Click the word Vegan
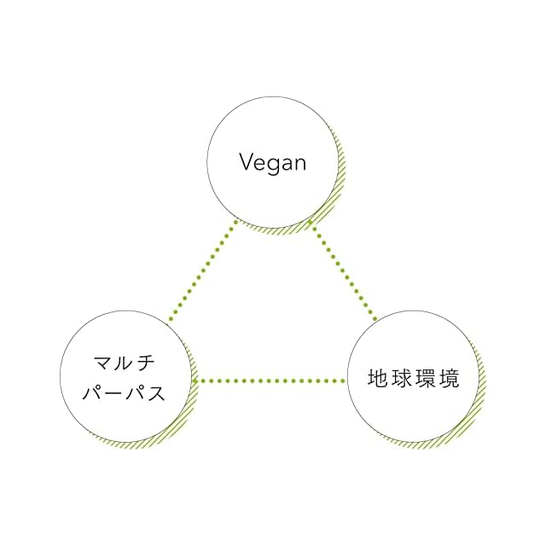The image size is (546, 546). pos(272,162)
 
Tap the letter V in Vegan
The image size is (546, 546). pos(247,161)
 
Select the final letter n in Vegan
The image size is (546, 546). pos(299,163)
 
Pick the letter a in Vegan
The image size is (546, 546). pos(287,163)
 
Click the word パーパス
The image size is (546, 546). pos(126,395)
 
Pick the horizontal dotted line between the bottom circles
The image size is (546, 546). pos(270,380)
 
